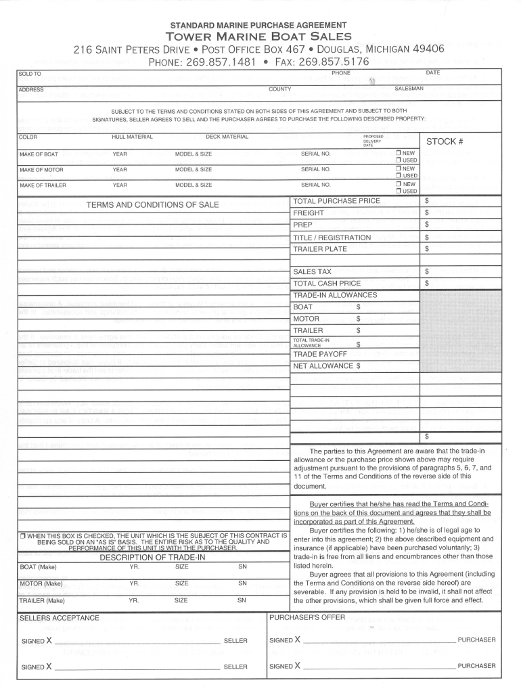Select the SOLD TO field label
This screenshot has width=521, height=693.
point(30,73)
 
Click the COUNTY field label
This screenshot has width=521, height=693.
point(279,89)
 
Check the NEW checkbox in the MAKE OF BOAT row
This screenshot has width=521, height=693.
point(399,153)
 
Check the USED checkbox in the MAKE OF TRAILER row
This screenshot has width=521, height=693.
point(399,191)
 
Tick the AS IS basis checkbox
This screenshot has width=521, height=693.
point(23,536)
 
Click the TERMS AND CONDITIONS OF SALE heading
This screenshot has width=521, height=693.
point(152,204)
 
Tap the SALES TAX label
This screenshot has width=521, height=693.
point(312,271)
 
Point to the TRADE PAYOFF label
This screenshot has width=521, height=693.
point(320,355)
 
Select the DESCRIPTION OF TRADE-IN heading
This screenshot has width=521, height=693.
point(152,557)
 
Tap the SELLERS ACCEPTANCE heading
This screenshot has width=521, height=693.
point(60,618)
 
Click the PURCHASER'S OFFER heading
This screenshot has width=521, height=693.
point(307,617)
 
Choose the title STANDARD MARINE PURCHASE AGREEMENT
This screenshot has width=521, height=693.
point(259,24)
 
